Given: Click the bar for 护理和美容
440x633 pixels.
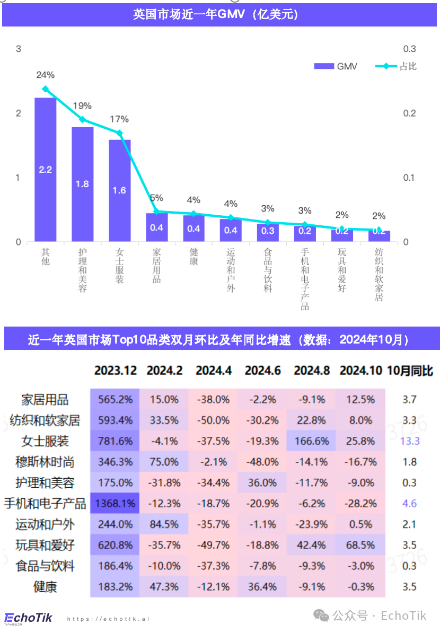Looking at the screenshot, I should (x=83, y=184).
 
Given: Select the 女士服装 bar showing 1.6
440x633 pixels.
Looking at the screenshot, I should (x=120, y=190).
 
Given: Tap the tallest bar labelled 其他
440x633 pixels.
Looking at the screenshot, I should (x=46, y=170).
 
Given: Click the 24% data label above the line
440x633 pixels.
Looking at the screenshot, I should (x=46, y=75).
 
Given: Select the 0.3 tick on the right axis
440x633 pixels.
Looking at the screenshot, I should (x=409, y=49).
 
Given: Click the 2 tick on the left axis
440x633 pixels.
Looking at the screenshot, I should (x=18, y=113).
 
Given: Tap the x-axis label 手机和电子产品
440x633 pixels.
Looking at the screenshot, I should (x=305, y=278).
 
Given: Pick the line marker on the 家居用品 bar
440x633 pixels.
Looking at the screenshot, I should (x=156, y=212).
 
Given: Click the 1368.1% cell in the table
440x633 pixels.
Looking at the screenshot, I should (x=115, y=503).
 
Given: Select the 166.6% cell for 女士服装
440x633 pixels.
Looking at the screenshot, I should (x=311, y=441).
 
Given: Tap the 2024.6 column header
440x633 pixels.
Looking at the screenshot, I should (x=262, y=371).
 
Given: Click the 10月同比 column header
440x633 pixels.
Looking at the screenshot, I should (x=410, y=371).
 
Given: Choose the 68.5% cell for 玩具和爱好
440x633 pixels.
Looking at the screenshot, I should (x=360, y=545).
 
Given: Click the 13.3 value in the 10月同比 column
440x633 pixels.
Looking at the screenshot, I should (x=410, y=441).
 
